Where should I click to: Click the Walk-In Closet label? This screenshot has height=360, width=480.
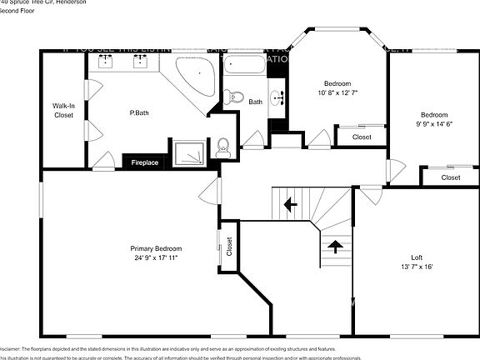pyautogui.click(x=63, y=110)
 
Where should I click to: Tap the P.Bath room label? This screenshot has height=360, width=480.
pyautogui.click(x=137, y=112)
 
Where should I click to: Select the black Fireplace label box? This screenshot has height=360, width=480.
pyautogui.click(x=145, y=162)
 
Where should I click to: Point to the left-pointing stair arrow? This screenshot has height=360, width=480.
pyautogui.click(x=290, y=202)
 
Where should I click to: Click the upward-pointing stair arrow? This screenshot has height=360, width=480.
pyautogui.click(x=335, y=246)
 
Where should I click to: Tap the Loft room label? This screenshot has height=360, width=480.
pyautogui.click(x=417, y=257)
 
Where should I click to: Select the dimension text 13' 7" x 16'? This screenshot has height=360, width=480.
pyautogui.click(x=417, y=267)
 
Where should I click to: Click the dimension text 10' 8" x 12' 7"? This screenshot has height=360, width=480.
pyautogui.click(x=337, y=93)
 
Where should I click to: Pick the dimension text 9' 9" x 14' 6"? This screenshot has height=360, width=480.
pyautogui.click(x=433, y=124)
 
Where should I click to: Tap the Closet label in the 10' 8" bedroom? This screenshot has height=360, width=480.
pyautogui.click(x=361, y=137)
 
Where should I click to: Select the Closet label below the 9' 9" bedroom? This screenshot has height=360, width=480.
pyautogui.click(x=450, y=177)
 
